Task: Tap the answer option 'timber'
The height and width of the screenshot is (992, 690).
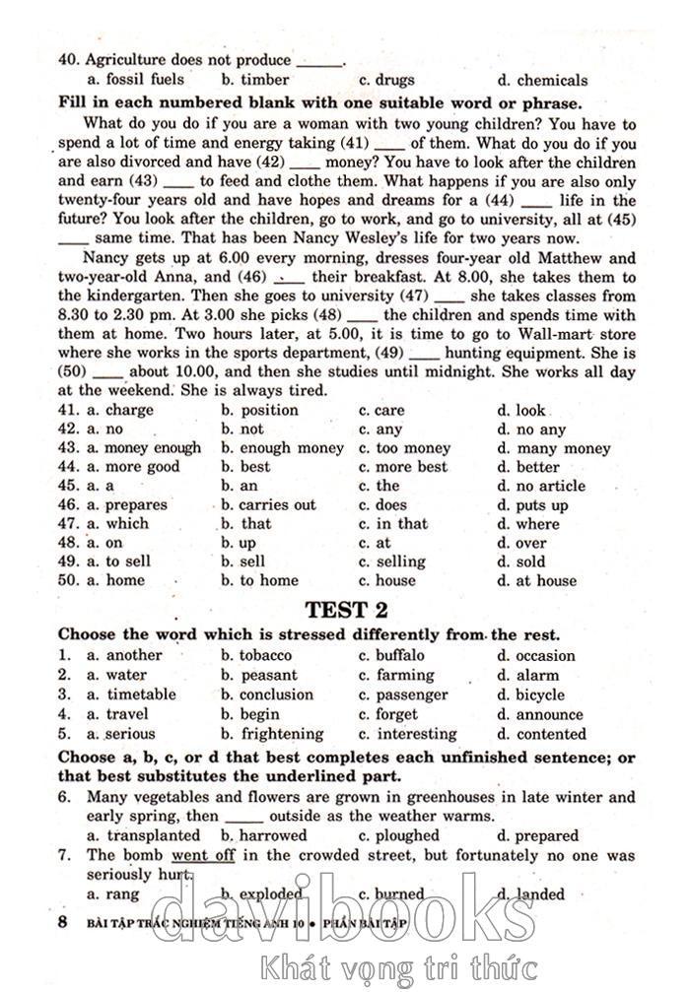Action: coord(264,80)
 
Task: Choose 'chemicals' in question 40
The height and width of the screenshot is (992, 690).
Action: coord(551,81)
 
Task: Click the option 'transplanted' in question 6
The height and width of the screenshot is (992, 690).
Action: coord(153,835)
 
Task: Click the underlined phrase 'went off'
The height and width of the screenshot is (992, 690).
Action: coord(203,855)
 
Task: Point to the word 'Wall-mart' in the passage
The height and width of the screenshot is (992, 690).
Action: coord(559,334)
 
